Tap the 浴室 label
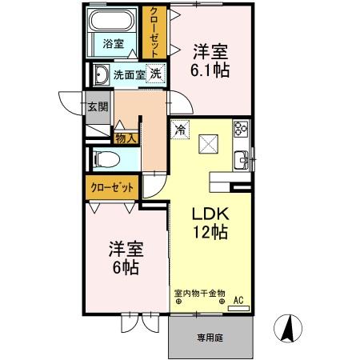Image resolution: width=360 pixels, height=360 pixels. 113,44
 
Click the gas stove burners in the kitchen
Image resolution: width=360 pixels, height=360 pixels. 240,129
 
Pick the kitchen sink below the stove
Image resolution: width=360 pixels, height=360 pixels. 240,159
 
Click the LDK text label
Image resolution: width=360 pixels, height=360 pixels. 210,214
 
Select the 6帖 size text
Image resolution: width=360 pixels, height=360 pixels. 124,267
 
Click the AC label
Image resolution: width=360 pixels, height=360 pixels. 238,301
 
